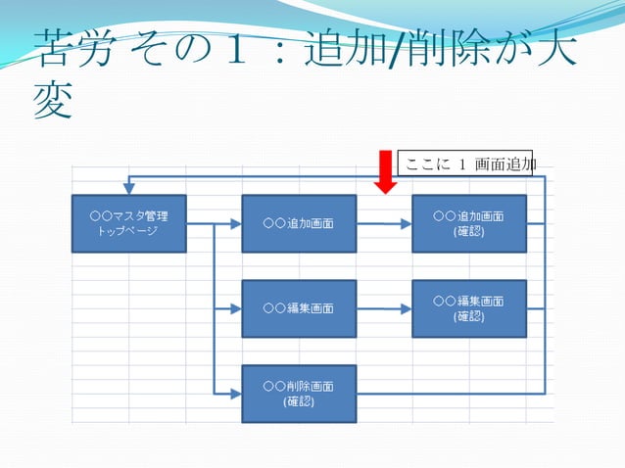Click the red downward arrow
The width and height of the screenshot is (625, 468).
click(386, 172)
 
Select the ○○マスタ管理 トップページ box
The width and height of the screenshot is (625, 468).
click(128, 223)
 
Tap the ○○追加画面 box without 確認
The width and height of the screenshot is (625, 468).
click(299, 223)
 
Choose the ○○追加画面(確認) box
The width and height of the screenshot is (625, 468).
click(468, 223)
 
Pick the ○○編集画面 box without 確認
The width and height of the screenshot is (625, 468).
click(299, 308)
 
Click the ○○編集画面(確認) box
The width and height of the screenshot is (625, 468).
click(468, 308)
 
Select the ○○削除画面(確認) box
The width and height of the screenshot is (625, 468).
click(299, 394)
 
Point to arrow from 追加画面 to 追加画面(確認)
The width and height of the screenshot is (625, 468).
click(384, 223)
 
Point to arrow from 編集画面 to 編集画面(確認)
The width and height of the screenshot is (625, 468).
click(384, 308)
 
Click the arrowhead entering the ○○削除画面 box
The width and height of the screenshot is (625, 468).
click(235, 394)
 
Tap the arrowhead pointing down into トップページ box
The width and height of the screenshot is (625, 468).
click(128, 189)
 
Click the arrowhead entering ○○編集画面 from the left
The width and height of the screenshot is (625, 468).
click(235, 308)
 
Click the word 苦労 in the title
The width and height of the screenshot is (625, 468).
click(71, 47)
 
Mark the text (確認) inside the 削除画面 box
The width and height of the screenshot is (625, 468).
click(299, 401)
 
